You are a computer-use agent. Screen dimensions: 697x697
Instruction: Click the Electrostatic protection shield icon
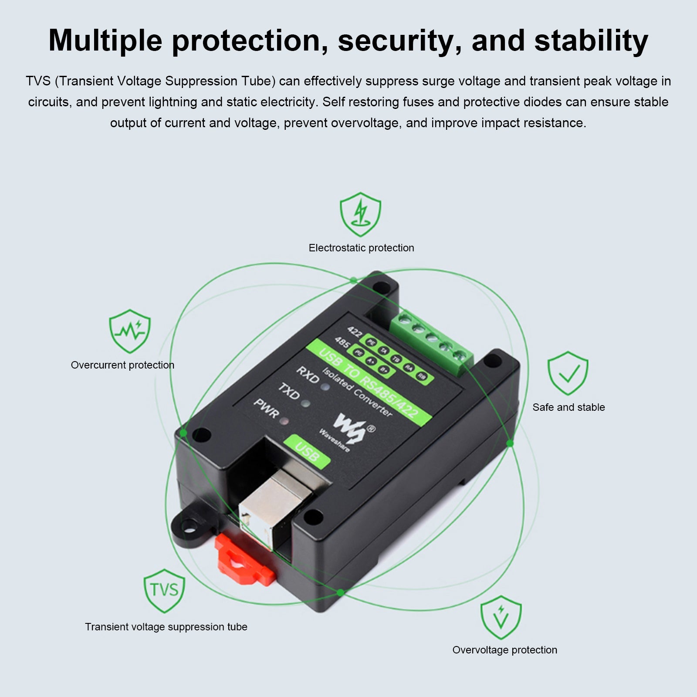coord(360,214)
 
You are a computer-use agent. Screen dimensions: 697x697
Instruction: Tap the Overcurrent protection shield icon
coord(129,331)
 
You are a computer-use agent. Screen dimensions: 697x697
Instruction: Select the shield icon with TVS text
coord(164,590)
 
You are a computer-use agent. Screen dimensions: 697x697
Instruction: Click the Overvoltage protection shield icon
coord(501,618)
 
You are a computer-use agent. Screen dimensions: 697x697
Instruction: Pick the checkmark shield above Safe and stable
coord(568,373)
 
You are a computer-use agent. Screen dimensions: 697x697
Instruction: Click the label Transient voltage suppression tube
coord(166,627)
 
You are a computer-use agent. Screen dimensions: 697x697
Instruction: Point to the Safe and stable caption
coord(568,407)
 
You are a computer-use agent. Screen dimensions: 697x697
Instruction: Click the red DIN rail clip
coord(244,560)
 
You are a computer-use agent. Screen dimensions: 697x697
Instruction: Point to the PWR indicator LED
coord(284,421)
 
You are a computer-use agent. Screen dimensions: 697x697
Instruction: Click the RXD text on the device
coord(308,375)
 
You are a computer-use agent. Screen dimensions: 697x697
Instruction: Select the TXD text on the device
coord(289,391)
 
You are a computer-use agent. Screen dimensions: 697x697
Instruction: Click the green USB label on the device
coord(307,451)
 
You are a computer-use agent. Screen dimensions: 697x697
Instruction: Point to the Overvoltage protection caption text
coord(504,650)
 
